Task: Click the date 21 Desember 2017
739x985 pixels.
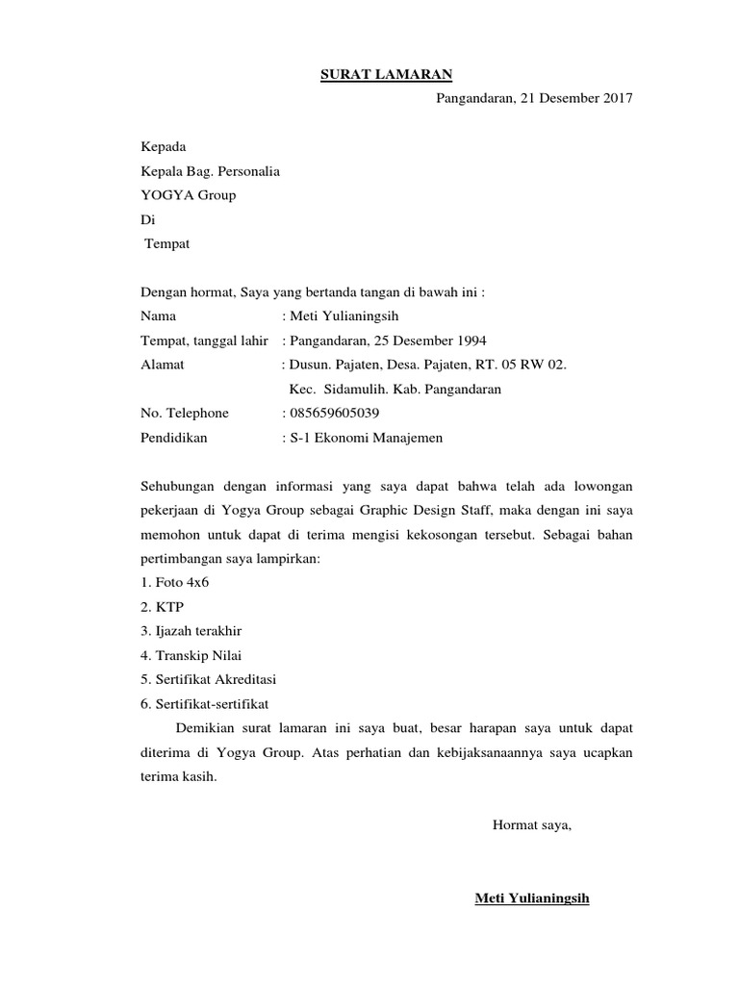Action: pos(575,98)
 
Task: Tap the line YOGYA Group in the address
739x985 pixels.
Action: pos(188,195)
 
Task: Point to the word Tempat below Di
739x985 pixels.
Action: pos(167,243)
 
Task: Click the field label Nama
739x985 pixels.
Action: pos(158,316)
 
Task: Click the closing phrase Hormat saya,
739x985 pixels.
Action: pos(532,824)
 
